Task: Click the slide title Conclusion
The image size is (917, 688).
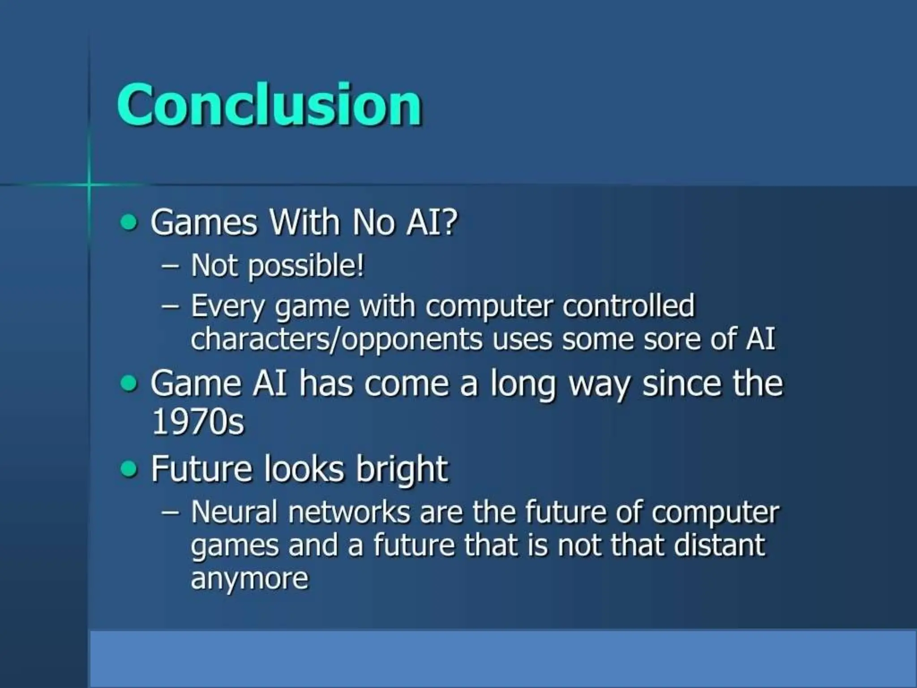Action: pyautogui.click(x=269, y=105)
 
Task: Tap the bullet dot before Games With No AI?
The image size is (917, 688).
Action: pyautogui.click(x=129, y=222)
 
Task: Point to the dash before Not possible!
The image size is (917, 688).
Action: pyautogui.click(x=170, y=266)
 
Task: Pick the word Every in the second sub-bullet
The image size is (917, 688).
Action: pyautogui.click(x=227, y=307)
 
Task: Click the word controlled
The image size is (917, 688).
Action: pyautogui.click(x=628, y=306)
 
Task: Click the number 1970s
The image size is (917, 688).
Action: pyautogui.click(x=197, y=421)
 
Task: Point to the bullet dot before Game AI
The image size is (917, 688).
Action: pyautogui.click(x=129, y=383)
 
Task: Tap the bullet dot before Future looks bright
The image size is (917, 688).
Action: pyautogui.click(x=129, y=469)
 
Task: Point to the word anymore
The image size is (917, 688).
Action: pyautogui.click(x=249, y=579)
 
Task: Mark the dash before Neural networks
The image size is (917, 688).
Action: pyautogui.click(x=170, y=512)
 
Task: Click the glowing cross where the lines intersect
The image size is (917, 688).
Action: pyautogui.click(x=89, y=184)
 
